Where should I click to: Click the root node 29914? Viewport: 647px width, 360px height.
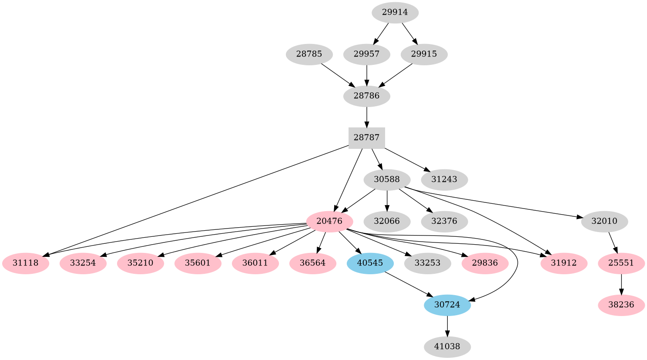395,13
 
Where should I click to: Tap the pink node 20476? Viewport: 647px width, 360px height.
329,221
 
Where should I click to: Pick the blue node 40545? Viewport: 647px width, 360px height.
370,263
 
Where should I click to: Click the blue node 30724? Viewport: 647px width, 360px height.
447,305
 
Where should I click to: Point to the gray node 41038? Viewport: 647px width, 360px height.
447,347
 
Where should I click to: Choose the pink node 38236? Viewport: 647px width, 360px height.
621,305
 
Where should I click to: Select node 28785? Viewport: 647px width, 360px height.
309,54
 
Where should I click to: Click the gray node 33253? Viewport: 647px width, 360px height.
427,263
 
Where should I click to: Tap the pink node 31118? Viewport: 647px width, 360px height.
25,263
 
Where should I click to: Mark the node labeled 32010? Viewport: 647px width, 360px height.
604,221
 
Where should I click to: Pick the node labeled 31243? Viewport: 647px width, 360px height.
444,179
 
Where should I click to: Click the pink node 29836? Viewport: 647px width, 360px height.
485,263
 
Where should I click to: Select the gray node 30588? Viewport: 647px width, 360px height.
387,179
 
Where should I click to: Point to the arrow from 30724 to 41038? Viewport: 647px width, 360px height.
447,326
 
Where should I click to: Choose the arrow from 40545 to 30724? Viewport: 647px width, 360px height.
409,284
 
